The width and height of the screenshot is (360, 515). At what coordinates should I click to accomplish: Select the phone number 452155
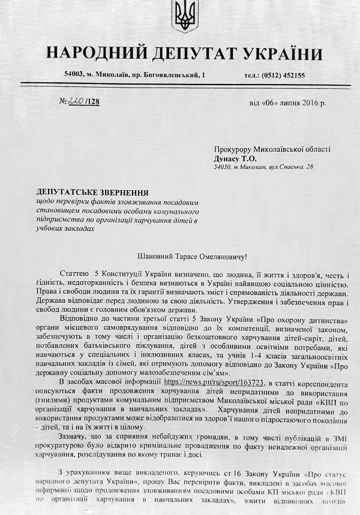[x=292, y=75]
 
